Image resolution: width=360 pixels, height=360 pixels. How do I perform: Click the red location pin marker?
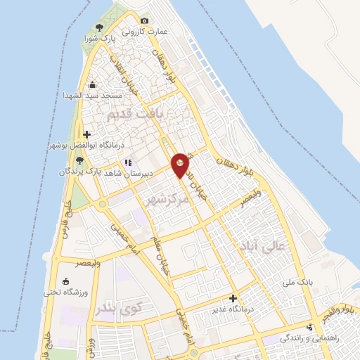point(181,165)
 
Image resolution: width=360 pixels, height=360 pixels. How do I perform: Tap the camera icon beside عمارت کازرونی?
point(145,21)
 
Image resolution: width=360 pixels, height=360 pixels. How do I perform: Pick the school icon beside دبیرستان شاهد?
point(128,162)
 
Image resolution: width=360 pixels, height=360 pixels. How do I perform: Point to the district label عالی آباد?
point(274,248)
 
